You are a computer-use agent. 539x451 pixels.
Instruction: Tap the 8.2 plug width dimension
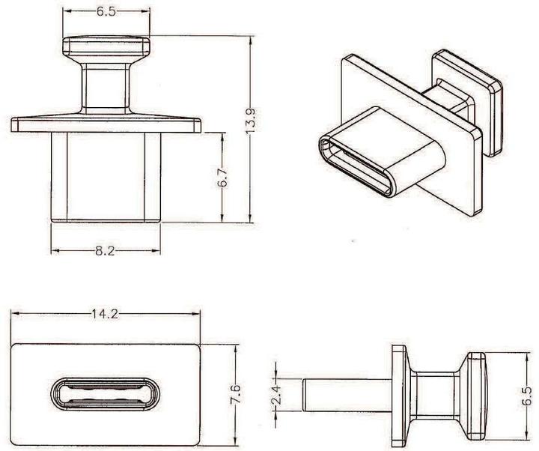click(105, 252)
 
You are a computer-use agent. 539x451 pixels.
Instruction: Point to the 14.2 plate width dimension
click(105, 315)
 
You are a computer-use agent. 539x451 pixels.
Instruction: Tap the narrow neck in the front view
click(106, 88)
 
